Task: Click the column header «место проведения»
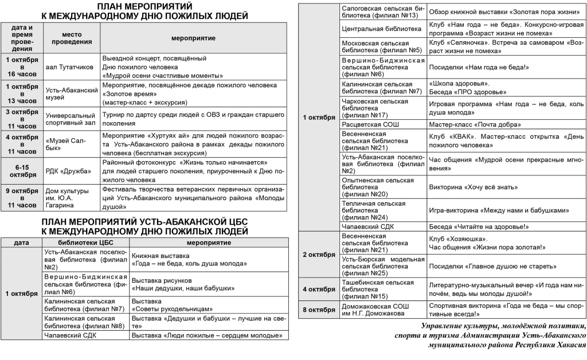[72, 38]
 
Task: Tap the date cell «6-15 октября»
[22, 171]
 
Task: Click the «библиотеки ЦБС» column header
[86, 242]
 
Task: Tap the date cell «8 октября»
[319, 310]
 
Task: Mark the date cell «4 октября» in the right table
[319, 288]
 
